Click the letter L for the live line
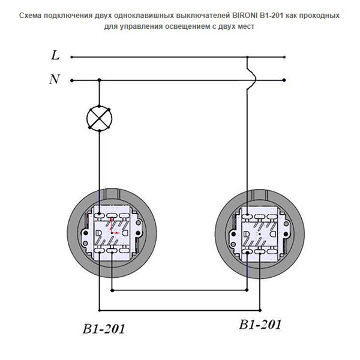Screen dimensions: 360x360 coord(55,55)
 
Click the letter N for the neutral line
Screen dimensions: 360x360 coord(55,79)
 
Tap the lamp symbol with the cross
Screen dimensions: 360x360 coord(99,118)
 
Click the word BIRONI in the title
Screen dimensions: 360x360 coord(244,16)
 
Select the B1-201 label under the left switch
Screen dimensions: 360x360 coord(104,329)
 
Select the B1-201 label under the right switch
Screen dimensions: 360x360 coord(260,325)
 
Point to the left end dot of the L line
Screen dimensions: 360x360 coord(72,57)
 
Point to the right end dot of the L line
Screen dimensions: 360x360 coord(284,57)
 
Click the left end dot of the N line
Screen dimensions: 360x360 coord(72,80)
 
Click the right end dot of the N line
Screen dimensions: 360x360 coord(284,80)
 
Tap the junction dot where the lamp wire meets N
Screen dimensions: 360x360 coord(100,80)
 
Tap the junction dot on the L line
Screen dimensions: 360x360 coord(247,57)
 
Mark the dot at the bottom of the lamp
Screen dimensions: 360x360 coord(100,131)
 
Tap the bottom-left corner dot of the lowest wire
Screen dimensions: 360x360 coord(100,310)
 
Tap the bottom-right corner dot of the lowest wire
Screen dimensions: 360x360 coord(260,310)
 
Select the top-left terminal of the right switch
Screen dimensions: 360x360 coord(247,216)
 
